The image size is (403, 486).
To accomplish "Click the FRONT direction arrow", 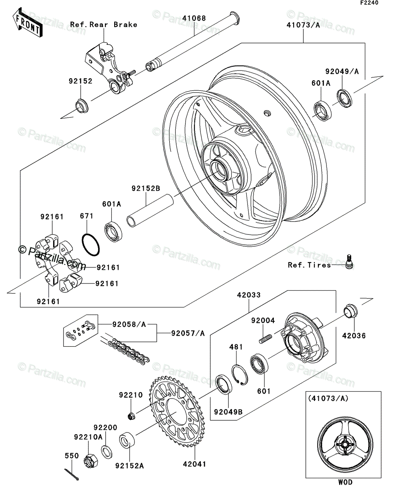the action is click(28, 23).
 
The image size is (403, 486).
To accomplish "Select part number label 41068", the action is click(194, 18).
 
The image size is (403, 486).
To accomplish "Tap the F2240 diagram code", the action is click(369, 3).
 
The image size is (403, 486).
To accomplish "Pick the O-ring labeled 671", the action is click(91, 245).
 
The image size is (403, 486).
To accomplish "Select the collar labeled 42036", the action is click(351, 311).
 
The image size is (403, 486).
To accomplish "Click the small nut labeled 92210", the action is click(131, 416).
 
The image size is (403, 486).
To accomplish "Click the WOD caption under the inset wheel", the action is click(345, 482).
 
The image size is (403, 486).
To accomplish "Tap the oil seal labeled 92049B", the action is click(224, 385).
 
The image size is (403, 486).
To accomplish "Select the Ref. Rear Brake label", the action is click(104, 25).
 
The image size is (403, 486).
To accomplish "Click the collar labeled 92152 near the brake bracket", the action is click(82, 106).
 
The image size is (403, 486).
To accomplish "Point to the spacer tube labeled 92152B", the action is click(150, 211).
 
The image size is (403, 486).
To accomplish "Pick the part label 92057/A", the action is click(188, 333).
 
